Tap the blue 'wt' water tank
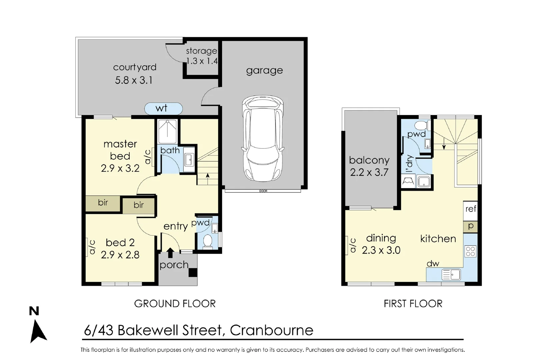[x=163, y=108]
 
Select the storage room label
[x=201, y=51]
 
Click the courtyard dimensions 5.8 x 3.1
[x=134, y=80]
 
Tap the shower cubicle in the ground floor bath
[x=168, y=132]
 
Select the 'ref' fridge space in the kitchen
[x=471, y=209]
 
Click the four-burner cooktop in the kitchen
[x=470, y=251]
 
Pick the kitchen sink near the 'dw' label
[x=451, y=275]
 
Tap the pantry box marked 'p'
[x=471, y=226]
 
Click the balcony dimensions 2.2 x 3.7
[x=369, y=172]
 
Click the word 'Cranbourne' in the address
[x=272, y=330]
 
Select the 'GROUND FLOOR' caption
[x=175, y=304]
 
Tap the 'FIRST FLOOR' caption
[x=413, y=304]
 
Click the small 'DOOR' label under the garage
[x=263, y=191]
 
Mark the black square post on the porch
[x=193, y=272]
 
